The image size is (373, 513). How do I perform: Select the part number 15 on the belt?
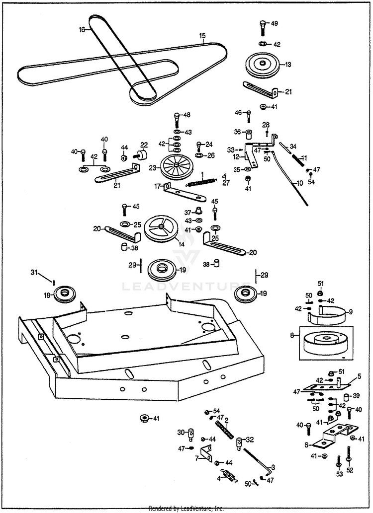[202, 36]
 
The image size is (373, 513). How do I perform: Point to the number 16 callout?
[82, 29]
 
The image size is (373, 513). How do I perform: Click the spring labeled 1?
[203, 181]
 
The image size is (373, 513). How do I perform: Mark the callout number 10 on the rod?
[299, 183]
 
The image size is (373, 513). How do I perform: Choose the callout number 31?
[34, 272]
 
